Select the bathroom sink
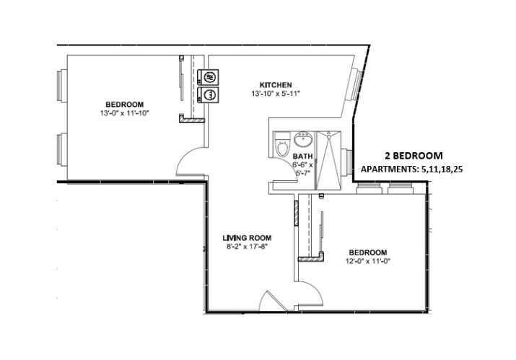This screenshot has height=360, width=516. pos(303,139)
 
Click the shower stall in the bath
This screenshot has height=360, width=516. pos(329,159)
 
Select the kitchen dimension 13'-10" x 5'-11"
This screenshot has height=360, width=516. pos(275,94)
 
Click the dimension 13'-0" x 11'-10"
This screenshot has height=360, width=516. pos(125,113)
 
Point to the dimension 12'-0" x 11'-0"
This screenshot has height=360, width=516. pos(366,261)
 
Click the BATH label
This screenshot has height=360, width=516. pos(302,155)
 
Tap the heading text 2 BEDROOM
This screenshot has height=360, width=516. pos(414,155)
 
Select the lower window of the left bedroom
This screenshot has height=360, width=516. pos(59,148)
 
